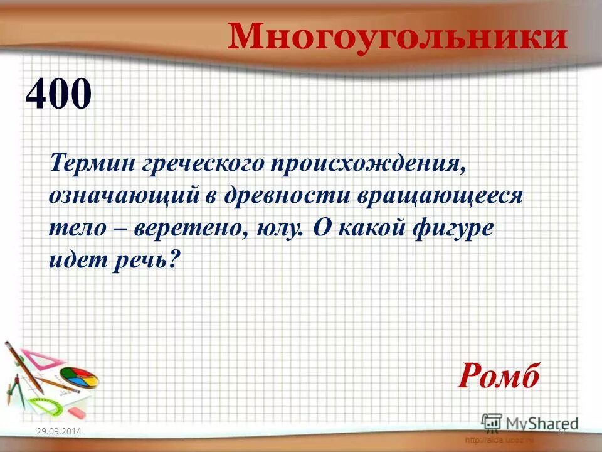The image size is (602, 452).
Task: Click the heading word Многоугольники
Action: (x=397, y=36)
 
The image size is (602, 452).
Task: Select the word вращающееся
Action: (x=440, y=196)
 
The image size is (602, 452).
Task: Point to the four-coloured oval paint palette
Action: (x=80, y=378)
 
